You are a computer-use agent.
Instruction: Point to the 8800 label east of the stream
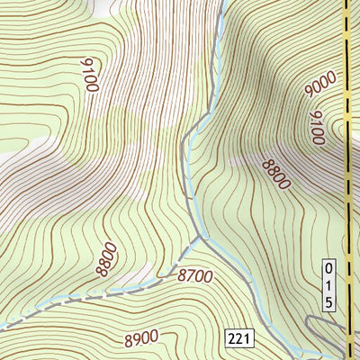click(275, 172)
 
